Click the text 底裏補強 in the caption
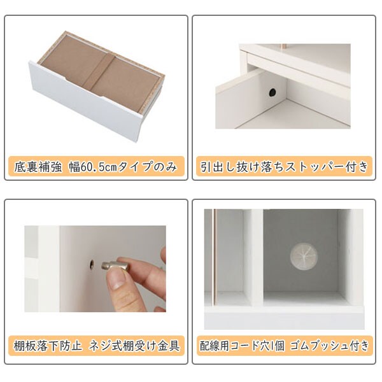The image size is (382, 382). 38,167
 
